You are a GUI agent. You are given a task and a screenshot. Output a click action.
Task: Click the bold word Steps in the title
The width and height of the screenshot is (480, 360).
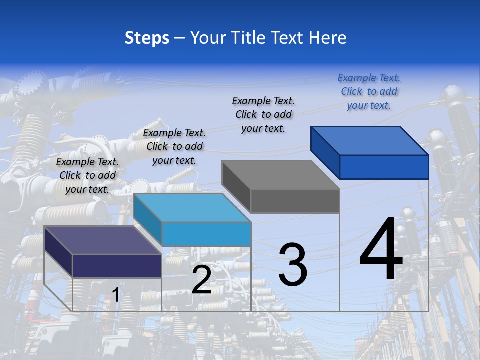tap(147, 38)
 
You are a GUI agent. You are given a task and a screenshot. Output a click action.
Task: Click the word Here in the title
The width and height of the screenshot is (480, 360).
tap(327, 38)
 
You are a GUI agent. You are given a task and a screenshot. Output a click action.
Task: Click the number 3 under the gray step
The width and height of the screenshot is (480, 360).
tap(293, 265)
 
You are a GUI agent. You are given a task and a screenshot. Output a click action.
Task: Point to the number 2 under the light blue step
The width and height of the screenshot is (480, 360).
tap(201, 280)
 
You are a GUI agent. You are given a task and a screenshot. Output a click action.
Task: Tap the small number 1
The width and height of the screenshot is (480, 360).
tap(115, 295)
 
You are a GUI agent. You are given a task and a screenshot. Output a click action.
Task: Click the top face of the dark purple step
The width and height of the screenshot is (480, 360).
tap(102, 240)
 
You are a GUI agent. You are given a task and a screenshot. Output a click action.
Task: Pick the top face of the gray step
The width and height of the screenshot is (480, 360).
tap(280, 175)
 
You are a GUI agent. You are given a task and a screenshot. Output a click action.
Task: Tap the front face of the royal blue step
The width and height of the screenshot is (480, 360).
tap(384, 167)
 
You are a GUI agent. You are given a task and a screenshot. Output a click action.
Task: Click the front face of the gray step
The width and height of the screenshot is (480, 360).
tap(295, 201)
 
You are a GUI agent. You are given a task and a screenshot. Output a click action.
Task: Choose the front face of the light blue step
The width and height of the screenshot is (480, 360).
tap(206, 234)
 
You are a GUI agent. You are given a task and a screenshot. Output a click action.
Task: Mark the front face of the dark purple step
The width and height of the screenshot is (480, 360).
tap(117, 266)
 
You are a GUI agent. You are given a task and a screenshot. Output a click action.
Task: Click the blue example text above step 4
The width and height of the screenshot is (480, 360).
tap(369, 91)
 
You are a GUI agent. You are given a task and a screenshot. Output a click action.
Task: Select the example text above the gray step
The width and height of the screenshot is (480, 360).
tap(263, 114)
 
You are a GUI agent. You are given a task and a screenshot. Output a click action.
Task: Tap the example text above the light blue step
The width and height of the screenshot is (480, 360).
tap(174, 146)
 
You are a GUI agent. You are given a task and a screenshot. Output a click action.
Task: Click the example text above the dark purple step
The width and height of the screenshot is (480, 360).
tap(87, 175)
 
